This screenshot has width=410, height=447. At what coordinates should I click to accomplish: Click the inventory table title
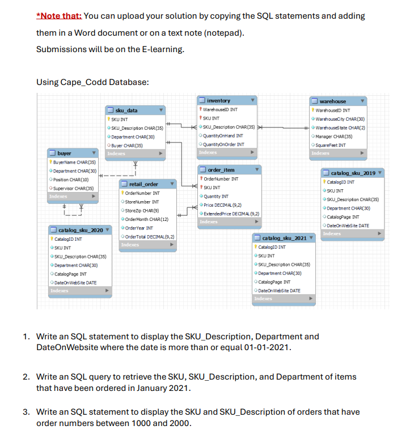(x=218, y=100)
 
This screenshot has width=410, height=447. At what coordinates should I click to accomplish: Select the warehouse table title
(x=332, y=101)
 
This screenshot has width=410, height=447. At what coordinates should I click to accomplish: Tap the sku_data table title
(x=126, y=110)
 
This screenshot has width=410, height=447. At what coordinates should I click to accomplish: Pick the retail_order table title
(x=143, y=184)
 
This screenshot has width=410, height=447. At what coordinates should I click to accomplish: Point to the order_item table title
(x=221, y=170)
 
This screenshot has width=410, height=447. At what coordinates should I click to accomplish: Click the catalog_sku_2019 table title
(x=352, y=173)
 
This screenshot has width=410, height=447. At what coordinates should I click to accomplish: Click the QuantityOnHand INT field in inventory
(x=223, y=135)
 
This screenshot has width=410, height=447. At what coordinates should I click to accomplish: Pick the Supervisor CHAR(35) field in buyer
(x=74, y=188)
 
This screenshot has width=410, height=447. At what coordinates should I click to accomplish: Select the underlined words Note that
(x=59, y=16)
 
